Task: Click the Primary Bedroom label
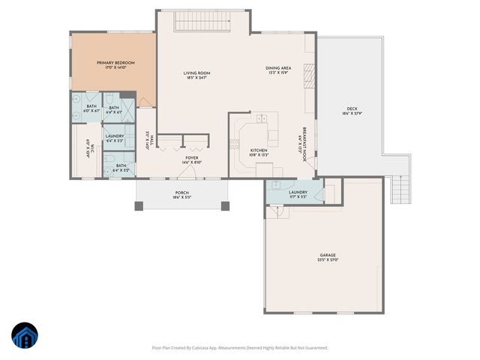coord(112,64)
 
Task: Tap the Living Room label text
coord(195,74)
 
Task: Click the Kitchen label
coord(259,153)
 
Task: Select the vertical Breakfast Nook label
coord(304,139)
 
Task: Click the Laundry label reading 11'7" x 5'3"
coord(298,194)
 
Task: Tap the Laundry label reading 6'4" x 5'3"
coord(115,138)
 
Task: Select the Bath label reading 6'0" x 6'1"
coord(91,108)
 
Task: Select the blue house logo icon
coord(24,335)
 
